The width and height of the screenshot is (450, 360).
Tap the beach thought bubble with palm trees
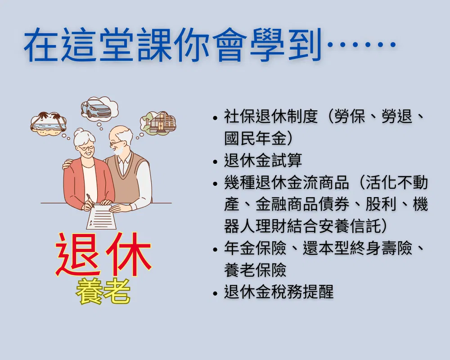[48, 123]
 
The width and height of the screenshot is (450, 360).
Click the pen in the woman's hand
[90, 200]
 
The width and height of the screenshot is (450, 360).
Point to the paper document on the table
[101, 217]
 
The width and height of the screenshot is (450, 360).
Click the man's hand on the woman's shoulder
[67, 164]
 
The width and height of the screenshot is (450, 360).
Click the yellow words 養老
[103, 291]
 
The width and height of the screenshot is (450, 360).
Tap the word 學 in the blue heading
[267, 45]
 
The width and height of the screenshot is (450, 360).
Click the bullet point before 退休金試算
[216, 162]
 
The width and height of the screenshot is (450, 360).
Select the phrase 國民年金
[256, 138]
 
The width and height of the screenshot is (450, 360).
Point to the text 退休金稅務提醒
[279, 292]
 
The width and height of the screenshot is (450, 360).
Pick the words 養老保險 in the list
[256, 270]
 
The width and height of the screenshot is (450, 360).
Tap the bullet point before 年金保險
[216, 249]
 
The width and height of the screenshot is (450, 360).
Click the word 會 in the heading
[229, 45]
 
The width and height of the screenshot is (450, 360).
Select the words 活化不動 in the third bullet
[396, 183]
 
